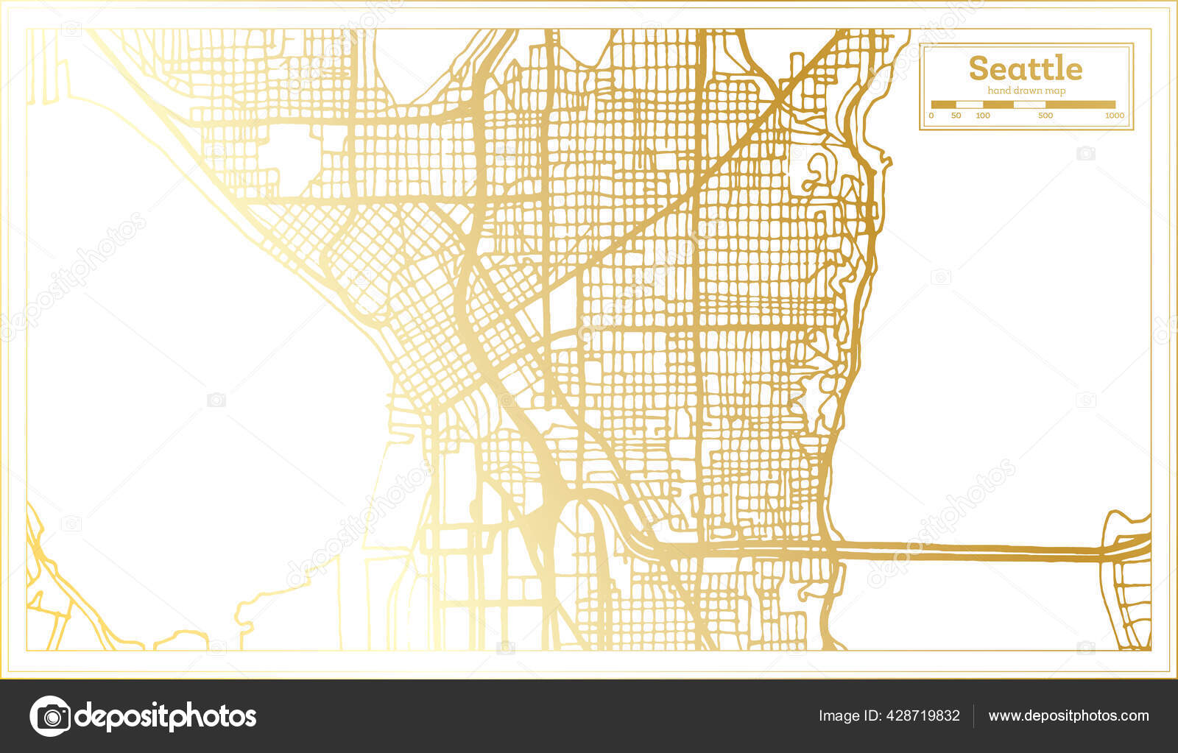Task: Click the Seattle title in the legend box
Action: [1025, 68]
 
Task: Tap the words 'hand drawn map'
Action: [1026, 91]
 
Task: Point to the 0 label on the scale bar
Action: [931, 116]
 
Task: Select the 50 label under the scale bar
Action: [956, 116]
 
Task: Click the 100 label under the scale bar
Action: [983, 116]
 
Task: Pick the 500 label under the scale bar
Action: [1045, 116]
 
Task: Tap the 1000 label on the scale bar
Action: [1114, 116]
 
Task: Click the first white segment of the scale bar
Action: [968, 105]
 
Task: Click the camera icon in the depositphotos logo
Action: [50, 715]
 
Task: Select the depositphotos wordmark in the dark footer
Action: [166, 715]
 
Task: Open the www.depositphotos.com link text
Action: [1068, 715]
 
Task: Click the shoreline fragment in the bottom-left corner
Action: [52, 589]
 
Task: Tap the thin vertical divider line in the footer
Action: [974, 715]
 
